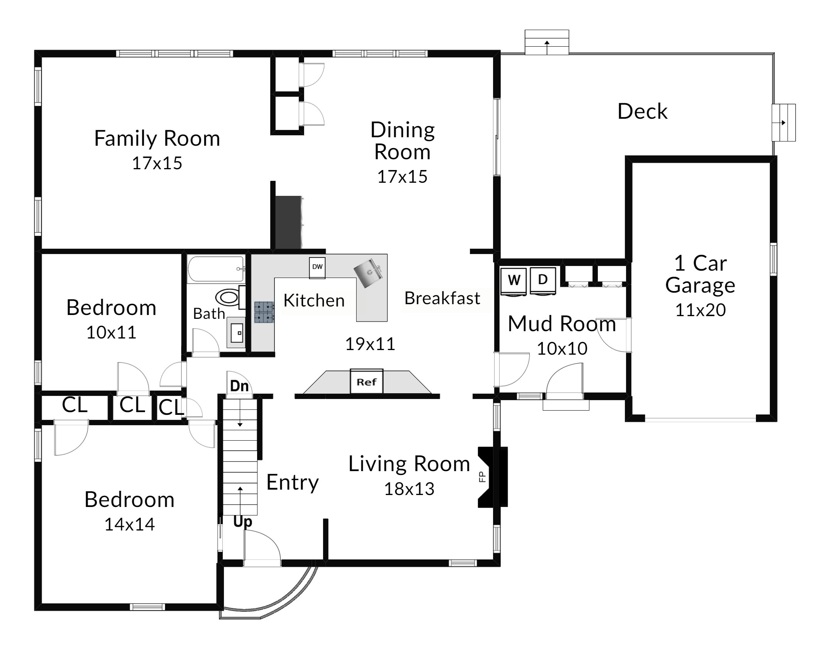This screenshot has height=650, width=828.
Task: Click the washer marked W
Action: (514, 281)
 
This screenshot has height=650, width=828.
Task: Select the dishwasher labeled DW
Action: (317, 267)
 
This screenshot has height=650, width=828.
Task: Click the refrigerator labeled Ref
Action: (366, 381)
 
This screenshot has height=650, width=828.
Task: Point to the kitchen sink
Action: (368, 273)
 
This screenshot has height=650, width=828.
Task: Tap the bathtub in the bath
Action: (216, 269)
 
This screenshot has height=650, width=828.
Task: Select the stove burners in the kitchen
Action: (264, 312)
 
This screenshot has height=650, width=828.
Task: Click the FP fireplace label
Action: (482, 477)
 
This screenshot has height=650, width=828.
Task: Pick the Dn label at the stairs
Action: (239, 386)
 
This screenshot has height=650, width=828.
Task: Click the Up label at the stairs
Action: (242, 522)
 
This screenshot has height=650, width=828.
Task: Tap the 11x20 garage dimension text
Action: (700, 310)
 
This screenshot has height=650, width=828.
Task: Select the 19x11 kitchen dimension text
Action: (370, 344)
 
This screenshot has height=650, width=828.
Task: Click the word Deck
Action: (642, 111)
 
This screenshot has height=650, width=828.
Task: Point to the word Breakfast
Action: (442, 298)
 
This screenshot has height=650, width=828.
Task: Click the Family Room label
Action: (157, 138)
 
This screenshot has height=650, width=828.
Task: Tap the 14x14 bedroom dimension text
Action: (130, 524)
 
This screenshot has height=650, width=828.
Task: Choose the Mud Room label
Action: (562, 323)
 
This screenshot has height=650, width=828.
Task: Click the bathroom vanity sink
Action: (236, 332)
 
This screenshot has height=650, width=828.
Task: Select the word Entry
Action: (293, 483)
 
